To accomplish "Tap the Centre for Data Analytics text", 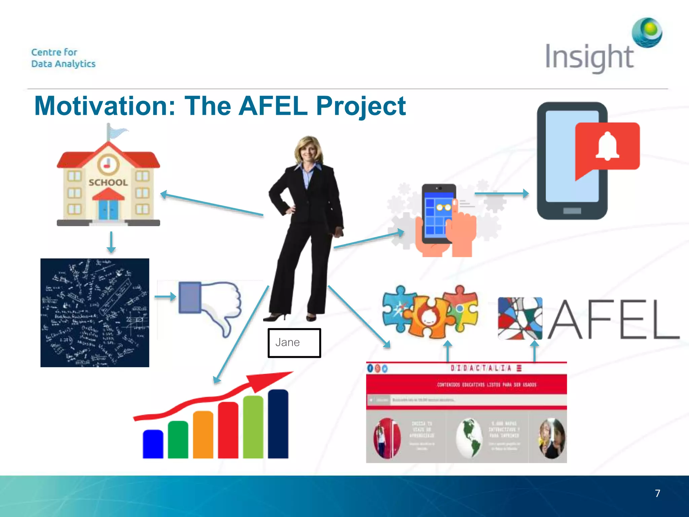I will pyautogui.click(x=63, y=58).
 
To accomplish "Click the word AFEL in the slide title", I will pyautogui.click(x=273, y=106).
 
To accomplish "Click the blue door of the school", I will pyautogui.click(x=108, y=209).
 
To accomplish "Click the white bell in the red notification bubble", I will pyautogui.click(x=607, y=146).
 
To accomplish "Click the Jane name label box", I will pyautogui.click(x=294, y=343).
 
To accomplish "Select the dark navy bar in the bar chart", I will pyautogui.click(x=278, y=424).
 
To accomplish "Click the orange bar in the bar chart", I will pyautogui.click(x=203, y=435).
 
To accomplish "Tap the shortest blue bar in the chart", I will pyautogui.click(x=153, y=444).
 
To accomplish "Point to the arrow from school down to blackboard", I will pyautogui.click(x=111, y=242).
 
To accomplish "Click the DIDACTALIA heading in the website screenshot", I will pyautogui.click(x=481, y=368).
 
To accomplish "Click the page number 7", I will pyautogui.click(x=657, y=493).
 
